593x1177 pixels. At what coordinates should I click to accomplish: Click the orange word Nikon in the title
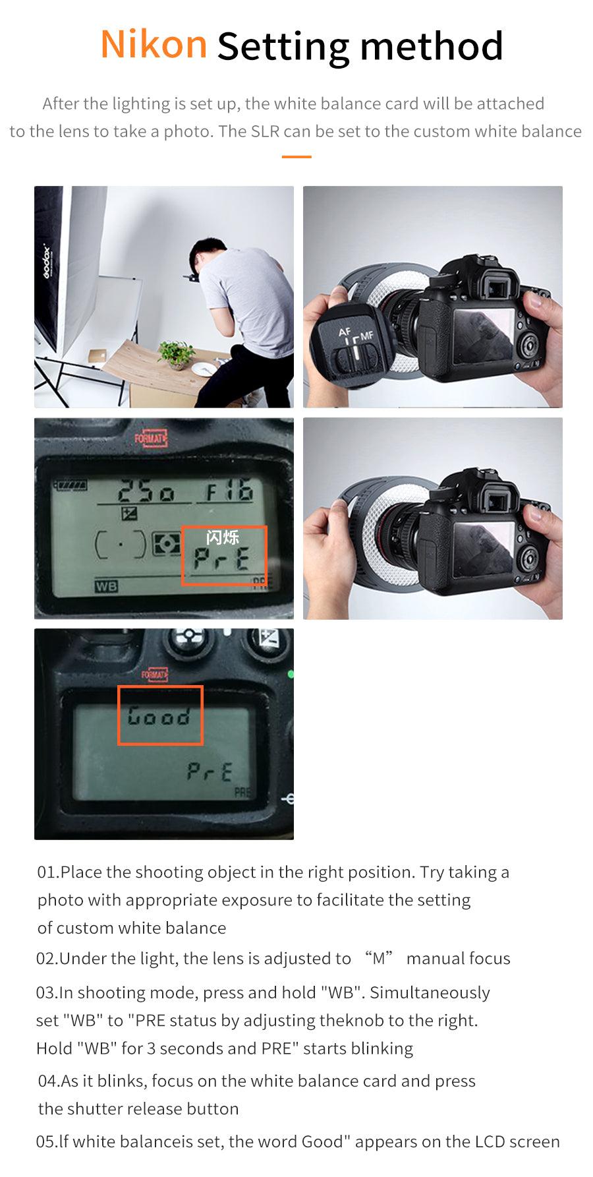pos(154,44)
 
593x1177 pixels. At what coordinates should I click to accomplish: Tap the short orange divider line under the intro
pos(296,157)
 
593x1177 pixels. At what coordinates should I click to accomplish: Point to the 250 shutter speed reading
pos(146,491)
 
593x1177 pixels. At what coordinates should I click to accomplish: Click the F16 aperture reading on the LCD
pos(229,491)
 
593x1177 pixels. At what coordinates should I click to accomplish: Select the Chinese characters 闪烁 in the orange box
pos(222,537)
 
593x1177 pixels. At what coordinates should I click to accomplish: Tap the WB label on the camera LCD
pos(106,586)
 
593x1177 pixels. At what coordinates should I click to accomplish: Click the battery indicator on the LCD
pos(72,485)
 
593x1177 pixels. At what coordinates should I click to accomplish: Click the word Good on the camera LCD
pos(159,716)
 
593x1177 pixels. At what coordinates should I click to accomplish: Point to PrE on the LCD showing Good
pos(210,771)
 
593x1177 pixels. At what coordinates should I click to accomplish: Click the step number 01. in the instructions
pos(48,872)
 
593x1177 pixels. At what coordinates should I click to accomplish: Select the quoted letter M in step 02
pos(379,958)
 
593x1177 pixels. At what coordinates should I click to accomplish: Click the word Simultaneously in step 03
pos(430,992)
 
